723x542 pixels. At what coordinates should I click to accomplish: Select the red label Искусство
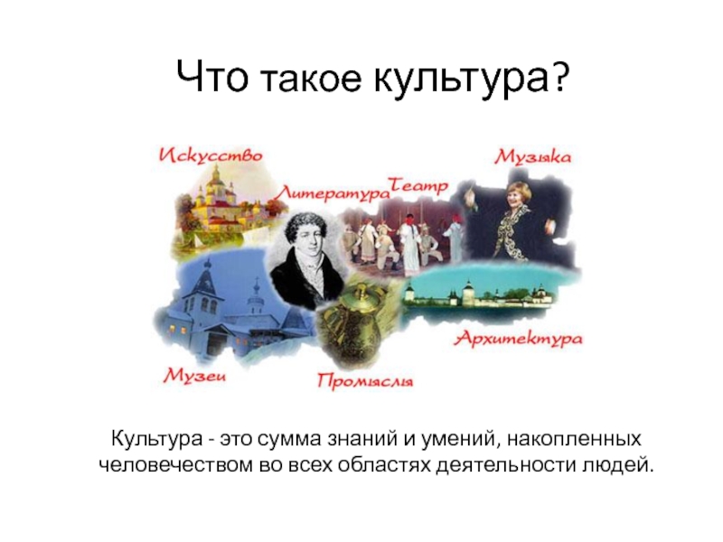coord(211,155)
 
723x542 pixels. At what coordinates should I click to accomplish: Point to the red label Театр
coord(418,185)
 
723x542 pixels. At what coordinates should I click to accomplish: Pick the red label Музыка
coord(532,157)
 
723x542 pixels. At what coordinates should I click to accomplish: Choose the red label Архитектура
coord(517,339)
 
